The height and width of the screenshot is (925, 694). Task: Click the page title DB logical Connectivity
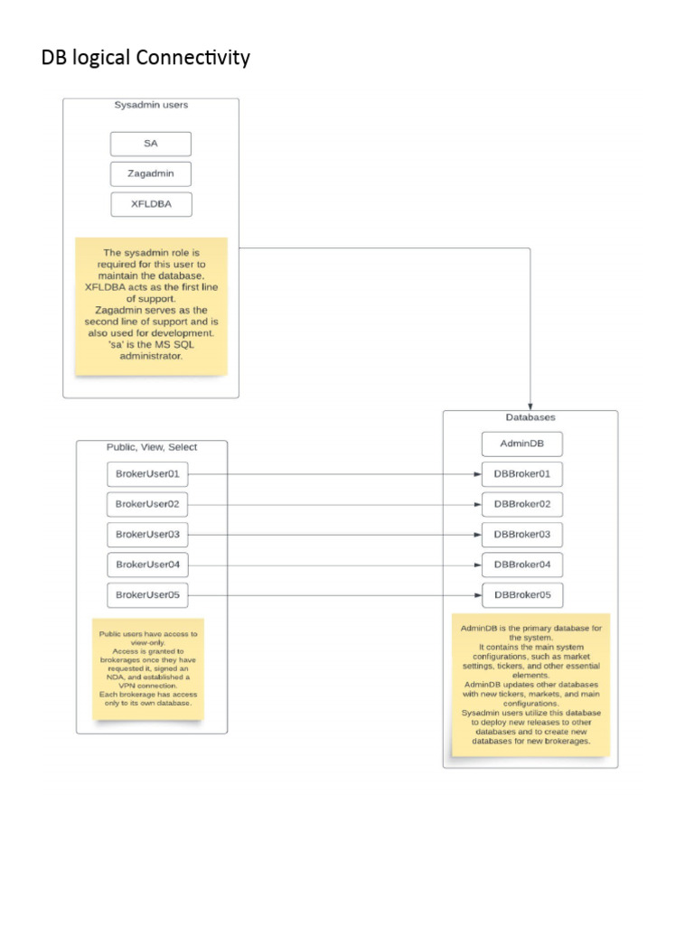coord(145,58)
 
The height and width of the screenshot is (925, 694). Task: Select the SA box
coord(151,144)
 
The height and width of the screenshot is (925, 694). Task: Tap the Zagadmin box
coord(151,173)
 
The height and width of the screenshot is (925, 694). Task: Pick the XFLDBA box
coord(151,204)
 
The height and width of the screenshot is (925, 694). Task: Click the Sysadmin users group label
coord(151,105)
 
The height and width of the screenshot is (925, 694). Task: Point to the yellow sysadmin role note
coord(151,305)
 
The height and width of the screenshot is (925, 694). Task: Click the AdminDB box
coord(522,444)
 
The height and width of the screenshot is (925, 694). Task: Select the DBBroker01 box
coord(522,473)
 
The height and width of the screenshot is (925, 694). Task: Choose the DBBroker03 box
coord(522,535)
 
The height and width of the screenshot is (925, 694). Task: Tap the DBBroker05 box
coord(522,595)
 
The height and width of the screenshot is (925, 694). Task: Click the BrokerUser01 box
coord(147,473)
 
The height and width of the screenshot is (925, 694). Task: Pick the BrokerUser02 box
coord(147,504)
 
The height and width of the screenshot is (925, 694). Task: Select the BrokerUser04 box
coord(147,565)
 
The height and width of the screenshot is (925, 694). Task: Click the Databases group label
coord(530,417)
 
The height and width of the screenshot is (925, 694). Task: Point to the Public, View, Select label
coord(152,446)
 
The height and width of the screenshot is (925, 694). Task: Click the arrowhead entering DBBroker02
coord(477,504)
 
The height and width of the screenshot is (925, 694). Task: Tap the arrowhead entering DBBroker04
coord(477,565)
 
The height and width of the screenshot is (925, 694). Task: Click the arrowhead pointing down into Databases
coord(530,406)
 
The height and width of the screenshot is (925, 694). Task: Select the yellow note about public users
coord(148,668)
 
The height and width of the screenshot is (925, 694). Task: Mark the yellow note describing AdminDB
coord(530,684)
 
